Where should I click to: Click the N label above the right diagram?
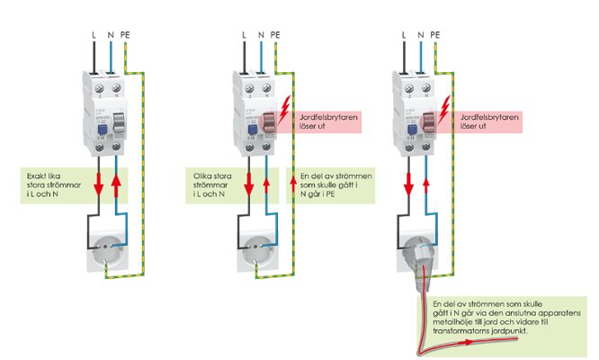[418, 35]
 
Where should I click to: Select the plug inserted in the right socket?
[416, 261]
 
